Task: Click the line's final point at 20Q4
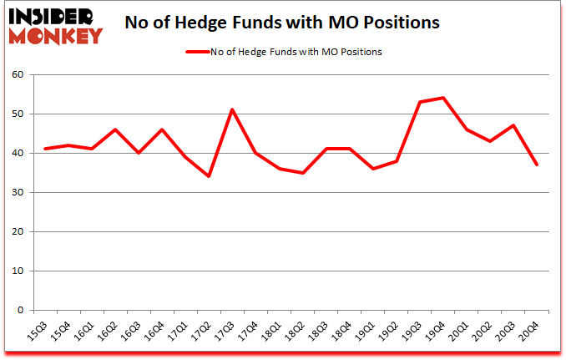[537, 165]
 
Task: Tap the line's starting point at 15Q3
[45, 149]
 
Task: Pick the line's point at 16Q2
[115, 129]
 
